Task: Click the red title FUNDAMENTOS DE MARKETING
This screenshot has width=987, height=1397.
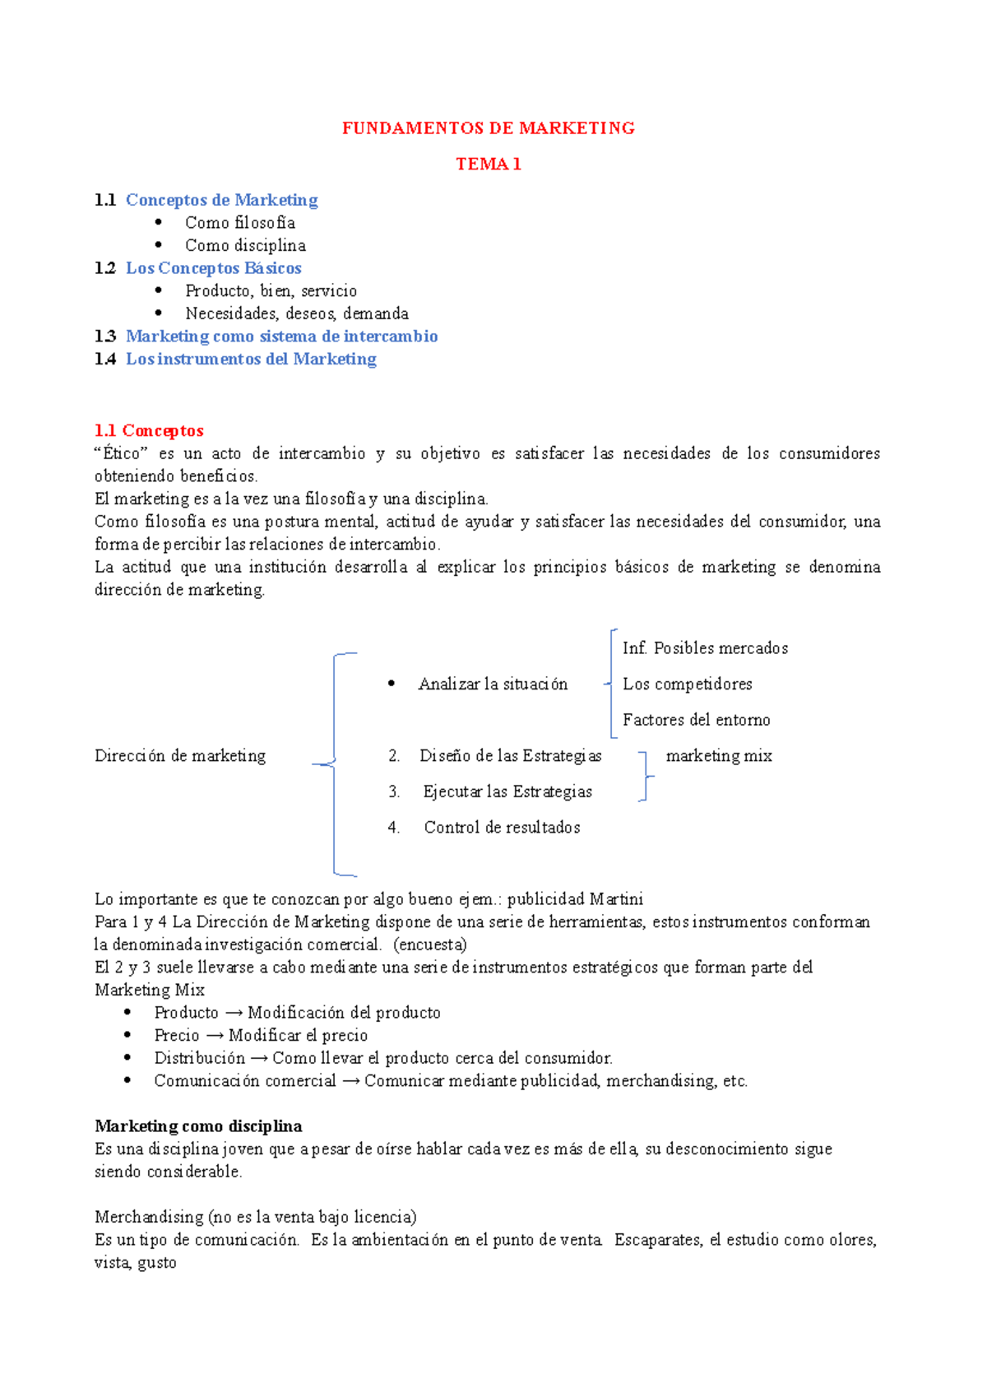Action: coord(489,128)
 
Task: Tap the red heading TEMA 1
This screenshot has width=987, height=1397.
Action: coord(489,165)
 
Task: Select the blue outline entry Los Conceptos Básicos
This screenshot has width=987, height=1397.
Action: coord(213,268)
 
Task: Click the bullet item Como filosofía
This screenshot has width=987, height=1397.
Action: coord(239,223)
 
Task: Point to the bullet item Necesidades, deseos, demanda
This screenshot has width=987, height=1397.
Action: coord(296,313)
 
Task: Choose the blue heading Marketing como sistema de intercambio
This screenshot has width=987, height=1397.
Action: coord(281,336)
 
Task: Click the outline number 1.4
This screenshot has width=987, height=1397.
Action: coord(104,360)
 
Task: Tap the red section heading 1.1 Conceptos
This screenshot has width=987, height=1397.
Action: coord(149,431)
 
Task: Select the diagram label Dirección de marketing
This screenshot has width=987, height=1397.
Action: coord(180,756)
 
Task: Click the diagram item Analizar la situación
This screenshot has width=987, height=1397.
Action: coord(493,685)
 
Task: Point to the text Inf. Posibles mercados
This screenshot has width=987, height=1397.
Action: coord(705,648)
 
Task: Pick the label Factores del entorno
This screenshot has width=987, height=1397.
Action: coord(696,720)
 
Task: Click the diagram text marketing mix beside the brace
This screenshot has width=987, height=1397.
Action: coord(719,756)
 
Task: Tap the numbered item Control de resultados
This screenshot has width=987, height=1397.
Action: coord(502,828)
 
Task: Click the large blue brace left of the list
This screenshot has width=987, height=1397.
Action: coord(334,764)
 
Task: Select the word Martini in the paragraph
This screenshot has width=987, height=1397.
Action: coord(616,899)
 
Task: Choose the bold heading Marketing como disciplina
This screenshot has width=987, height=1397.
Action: coord(198,1126)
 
